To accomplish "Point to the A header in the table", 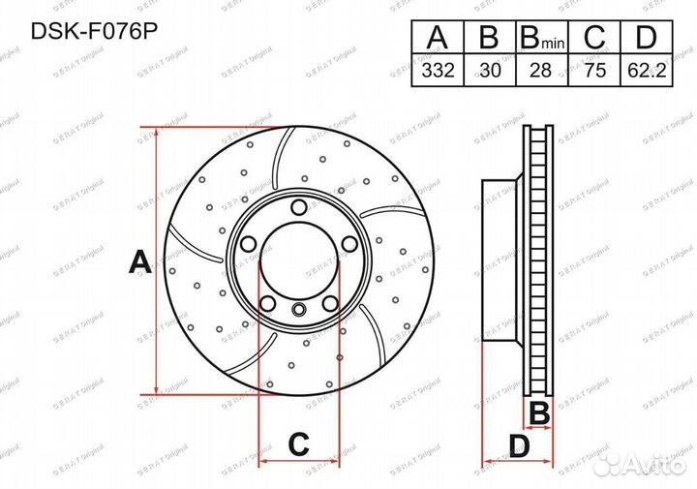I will (438, 40).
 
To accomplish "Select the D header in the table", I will (650, 40).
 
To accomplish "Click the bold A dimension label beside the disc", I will (138, 261).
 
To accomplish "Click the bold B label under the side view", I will (540, 413).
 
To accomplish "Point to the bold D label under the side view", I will (520, 446).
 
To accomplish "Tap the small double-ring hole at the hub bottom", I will (299, 310).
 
